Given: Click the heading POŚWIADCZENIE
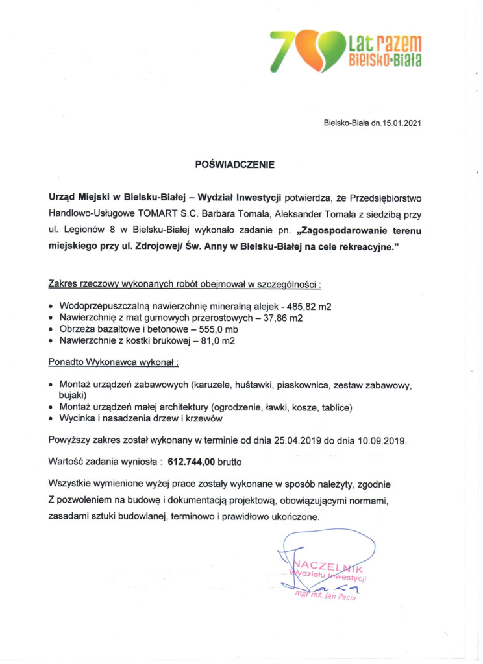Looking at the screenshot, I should (235, 165).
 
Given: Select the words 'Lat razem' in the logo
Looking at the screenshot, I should (385, 44).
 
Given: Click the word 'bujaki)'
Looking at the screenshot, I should (73, 395).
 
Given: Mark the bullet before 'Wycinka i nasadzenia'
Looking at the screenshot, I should (52, 419).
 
